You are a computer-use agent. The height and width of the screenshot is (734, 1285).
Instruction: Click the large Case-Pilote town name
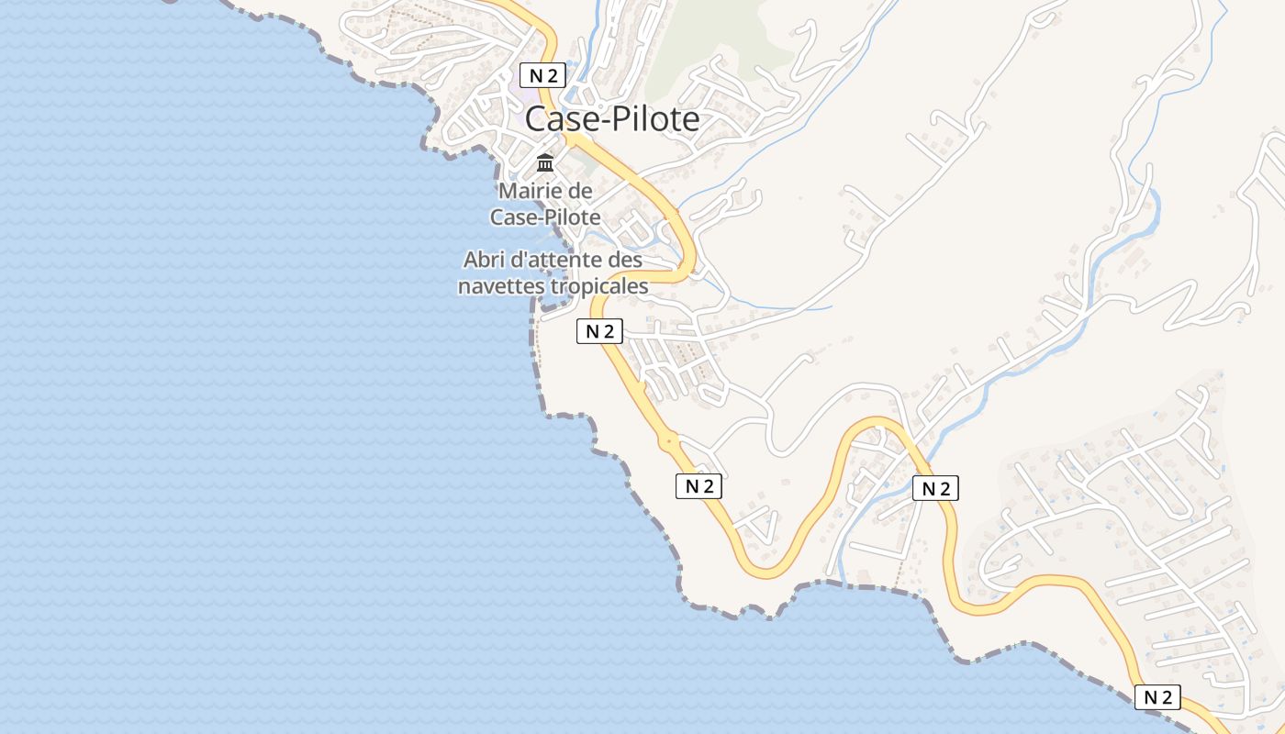pyautogui.click(x=612, y=119)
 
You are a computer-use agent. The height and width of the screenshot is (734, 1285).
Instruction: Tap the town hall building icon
pyautogui.click(x=545, y=163)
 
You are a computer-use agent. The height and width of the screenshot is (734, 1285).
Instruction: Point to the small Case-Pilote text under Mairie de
pyautogui.click(x=545, y=217)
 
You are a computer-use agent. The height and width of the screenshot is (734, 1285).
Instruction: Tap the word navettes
pyautogui.click(x=501, y=286)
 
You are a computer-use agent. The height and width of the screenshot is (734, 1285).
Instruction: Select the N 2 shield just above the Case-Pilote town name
pyautogui.click(x=542, y=75)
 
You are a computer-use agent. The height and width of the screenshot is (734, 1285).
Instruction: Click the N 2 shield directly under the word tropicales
pyautogui.click(x=599, y=331)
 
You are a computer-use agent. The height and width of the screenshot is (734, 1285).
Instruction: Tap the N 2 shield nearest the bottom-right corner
pyautogui.click(x=1157, y=697)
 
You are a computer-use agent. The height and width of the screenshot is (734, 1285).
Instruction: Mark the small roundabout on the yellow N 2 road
pyautogui.click(x=669, y=441)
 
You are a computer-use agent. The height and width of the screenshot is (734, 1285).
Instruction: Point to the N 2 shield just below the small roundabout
pyautogui.click(x=698, y=486)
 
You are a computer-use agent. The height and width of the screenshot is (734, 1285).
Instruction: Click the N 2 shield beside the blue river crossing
pyautogui.click(x=935, y=488)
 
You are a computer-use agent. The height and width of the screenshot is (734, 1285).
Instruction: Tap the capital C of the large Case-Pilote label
pyautogui.click(x=537, y=119)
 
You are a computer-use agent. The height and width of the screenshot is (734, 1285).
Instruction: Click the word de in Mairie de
pyautogui.click(x=581, y=192)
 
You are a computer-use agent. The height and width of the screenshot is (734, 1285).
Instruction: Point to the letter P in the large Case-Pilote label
pyautogui.click(x=622, y=119)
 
